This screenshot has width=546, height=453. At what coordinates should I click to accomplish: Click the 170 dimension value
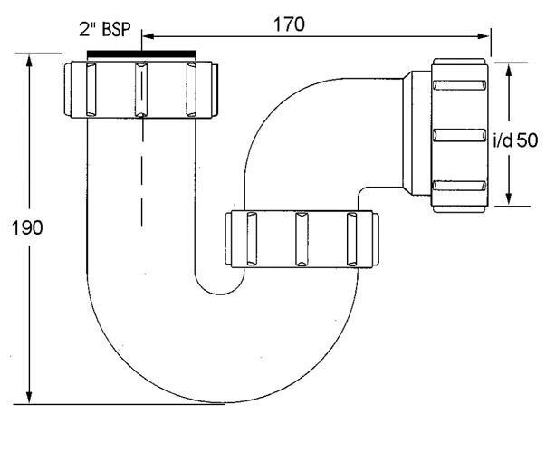[x=289, y=24]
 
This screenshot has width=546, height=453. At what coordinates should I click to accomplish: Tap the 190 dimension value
[x=27, y=228]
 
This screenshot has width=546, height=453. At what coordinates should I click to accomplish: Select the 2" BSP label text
[x=105, y=29]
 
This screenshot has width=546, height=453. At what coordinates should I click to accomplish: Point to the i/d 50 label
[x=516, y=140]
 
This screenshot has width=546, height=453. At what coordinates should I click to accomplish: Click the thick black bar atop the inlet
[x=141, y=54]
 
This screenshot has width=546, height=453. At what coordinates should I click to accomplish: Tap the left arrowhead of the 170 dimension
[x=148, y=36]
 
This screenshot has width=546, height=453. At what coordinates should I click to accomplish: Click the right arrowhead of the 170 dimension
[x=484, y=36]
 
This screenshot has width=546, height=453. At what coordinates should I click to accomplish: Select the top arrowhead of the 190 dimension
[x=29, y=61]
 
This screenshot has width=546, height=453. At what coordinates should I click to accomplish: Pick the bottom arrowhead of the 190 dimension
[x=29, y=397]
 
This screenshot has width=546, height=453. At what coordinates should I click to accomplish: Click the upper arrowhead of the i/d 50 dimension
[x=509, y=70]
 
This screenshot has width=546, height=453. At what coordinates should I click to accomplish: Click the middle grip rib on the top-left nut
[x=140, y=89]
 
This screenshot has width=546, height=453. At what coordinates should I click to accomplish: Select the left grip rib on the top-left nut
[x=91, y=89]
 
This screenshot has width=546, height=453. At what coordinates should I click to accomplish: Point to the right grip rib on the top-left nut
[x=191, y=89]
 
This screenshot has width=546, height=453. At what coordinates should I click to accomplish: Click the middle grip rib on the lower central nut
[x=302, y=239]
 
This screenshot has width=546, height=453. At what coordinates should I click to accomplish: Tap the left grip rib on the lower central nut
[x=252, y=239]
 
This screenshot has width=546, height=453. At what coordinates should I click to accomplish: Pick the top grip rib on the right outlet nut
[x=459, y=85]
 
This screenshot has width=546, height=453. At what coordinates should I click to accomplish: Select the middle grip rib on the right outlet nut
[x=459, y=135]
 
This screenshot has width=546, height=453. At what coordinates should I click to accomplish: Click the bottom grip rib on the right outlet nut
[x=459, y=186]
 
